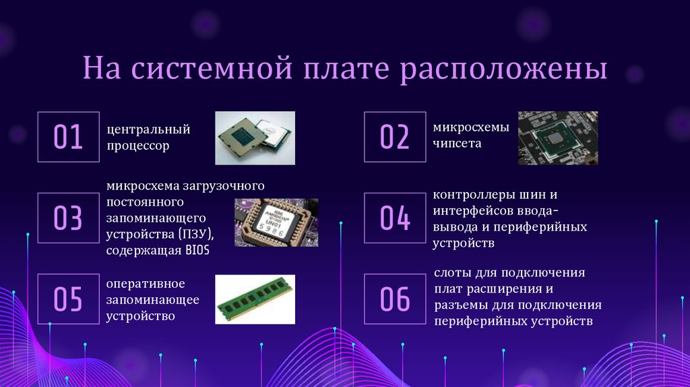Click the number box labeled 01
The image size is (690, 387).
pos(68,137)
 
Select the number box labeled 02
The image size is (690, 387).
pos(395,137)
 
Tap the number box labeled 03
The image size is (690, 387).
pos(68,218)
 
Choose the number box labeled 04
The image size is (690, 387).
pos(395,218)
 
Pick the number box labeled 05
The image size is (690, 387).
pos(68,299)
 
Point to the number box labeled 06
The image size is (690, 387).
pos(395,299)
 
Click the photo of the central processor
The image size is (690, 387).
pos(255,138)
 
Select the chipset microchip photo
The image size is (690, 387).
pos(557,138)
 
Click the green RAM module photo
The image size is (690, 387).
pos(255,299)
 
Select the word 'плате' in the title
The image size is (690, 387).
pos(344,71)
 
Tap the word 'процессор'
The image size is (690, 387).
pos(137,146)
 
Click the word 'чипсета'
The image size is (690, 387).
pos(457,144)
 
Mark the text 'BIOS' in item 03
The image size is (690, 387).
pos(196,251)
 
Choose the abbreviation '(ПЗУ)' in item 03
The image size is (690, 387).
pos(196,234)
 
